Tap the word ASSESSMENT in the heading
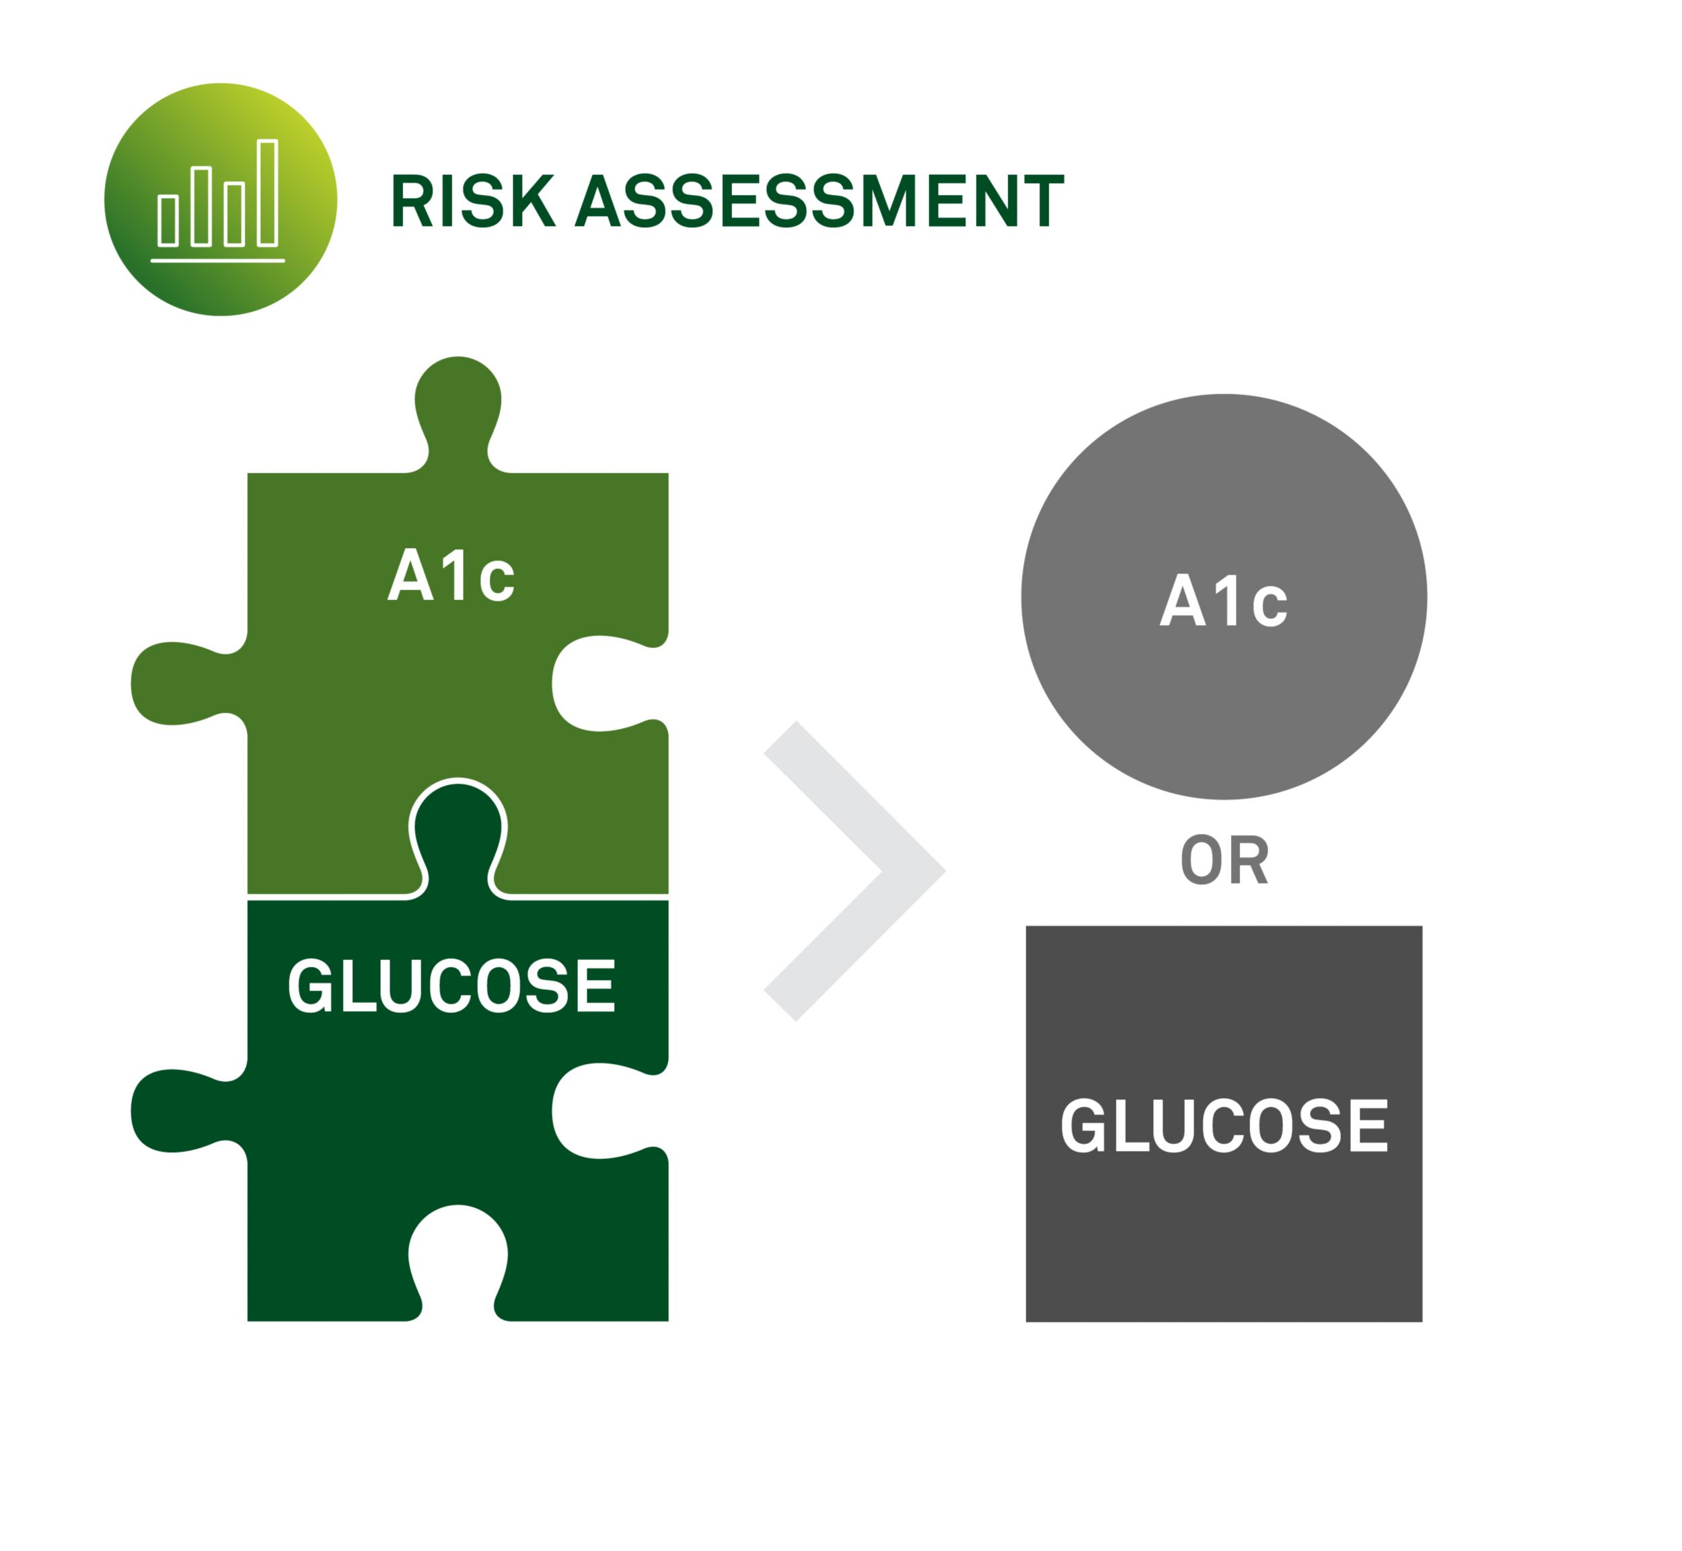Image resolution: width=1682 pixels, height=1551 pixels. point(820,201)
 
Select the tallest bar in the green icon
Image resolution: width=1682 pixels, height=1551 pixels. point(268,193)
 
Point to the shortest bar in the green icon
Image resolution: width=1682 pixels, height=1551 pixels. point(169,221)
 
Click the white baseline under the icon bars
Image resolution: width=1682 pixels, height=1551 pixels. point(218,261)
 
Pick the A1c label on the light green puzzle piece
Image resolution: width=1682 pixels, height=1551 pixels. point(451,576)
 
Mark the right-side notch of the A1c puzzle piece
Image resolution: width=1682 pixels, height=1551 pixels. point(604,684)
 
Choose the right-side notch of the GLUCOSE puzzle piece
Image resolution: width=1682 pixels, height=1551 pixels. point(604,1110)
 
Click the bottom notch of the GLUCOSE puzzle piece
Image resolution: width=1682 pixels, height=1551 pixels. point(458,1259)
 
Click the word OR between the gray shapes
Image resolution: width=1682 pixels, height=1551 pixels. point(1224,861)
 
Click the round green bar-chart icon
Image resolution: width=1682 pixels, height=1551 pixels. point(221,200)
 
